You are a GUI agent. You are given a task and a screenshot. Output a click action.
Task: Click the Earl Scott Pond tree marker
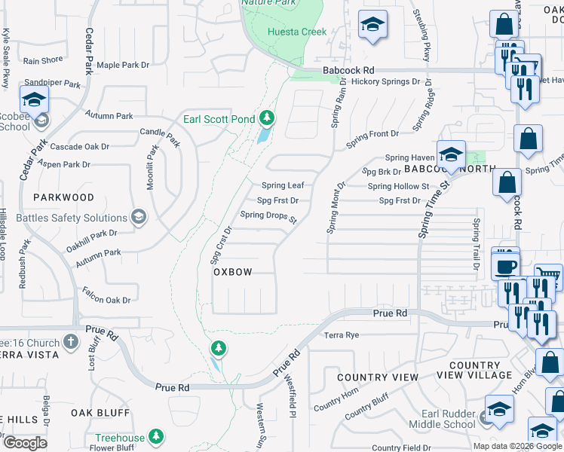(x=266, y=118)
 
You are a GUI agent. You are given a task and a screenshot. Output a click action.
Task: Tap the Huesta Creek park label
(x=298, y=32)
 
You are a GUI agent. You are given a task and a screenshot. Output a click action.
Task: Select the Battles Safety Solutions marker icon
(x=138, y=218)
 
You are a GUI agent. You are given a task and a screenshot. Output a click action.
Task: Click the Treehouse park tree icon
(x=156, y=437)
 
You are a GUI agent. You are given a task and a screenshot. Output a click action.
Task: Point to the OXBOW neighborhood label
(x=232, y=271)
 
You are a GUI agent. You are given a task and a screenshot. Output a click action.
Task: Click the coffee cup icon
(x=505, y=266)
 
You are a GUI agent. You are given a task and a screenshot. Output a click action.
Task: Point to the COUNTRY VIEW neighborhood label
(x=378, y=377)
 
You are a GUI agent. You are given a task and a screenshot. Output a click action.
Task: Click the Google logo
(x=25, y=443)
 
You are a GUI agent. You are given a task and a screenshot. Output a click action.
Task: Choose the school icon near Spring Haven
(x=450, y=155)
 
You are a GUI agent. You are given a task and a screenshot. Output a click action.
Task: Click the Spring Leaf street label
(x=283, y=185)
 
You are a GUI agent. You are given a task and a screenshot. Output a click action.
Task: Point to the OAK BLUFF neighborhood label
(x=100, y=413)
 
